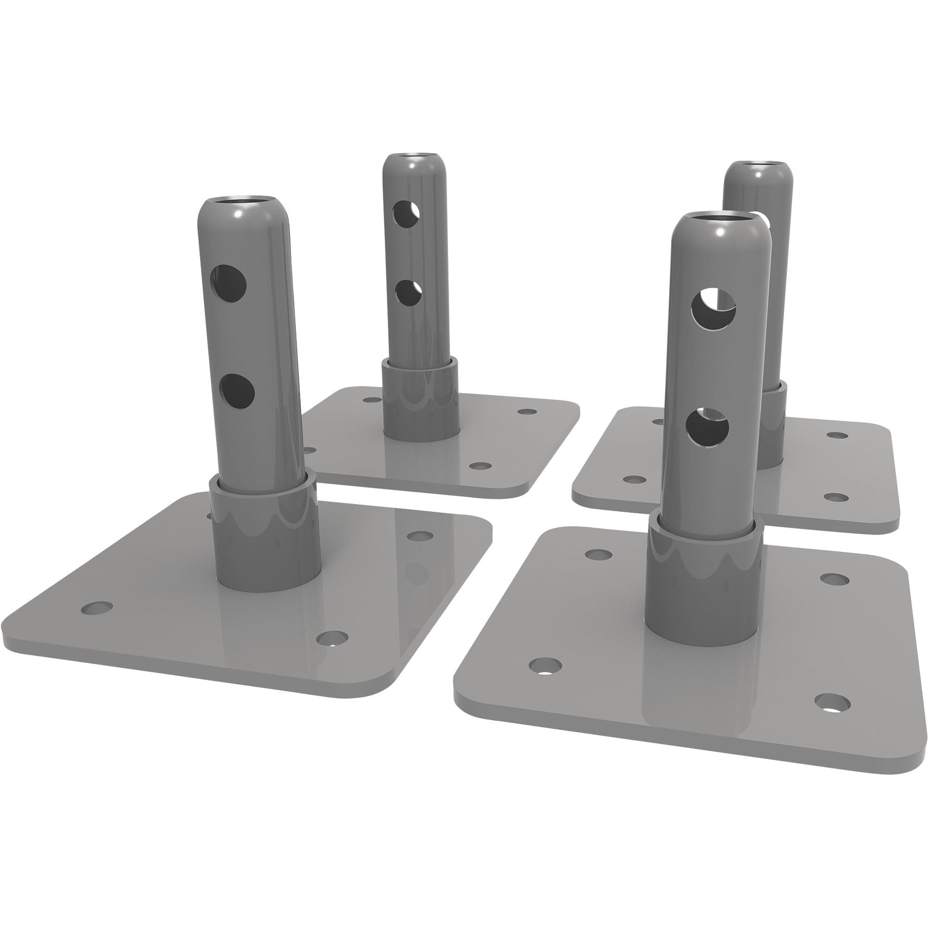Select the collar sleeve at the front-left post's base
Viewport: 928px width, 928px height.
click(265, 533)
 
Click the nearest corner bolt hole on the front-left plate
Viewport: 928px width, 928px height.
click(332, 638)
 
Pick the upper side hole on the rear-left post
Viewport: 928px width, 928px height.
click(406, 214)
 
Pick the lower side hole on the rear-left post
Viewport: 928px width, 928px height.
click(408, 293)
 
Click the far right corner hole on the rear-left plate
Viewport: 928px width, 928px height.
click(528, 412)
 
